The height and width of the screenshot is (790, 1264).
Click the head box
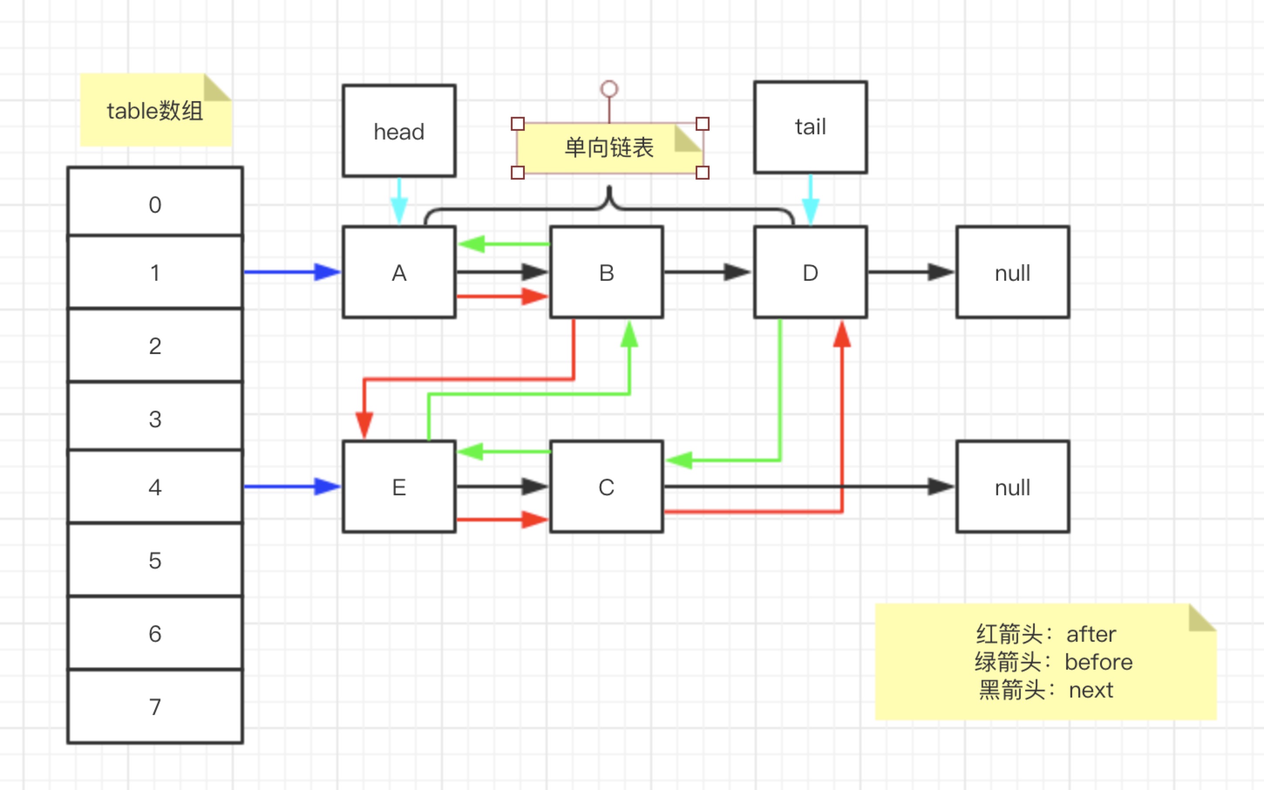tap(399, 131)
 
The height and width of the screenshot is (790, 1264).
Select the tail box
tap(810, 127)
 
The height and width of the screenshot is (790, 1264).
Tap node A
tap(399, 272)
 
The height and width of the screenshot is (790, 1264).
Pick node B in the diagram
tap(606, 272)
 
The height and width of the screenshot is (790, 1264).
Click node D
tap(810, 272)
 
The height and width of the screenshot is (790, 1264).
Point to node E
tap(399, 487)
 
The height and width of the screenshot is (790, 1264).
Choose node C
tap(606, 487)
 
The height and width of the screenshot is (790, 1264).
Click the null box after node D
tap(1012, 272)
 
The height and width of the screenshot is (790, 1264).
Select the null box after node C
tap(1012, 487)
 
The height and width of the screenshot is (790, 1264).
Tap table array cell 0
tap(155, 204)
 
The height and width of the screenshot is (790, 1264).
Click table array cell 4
tap(155, 487)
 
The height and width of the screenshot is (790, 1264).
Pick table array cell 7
tap(155, 706)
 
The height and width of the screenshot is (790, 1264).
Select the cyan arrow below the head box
tap(399, 201)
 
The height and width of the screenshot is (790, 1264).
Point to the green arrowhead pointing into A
tap(472, 243)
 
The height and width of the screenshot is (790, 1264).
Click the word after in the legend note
tap(1091, 634)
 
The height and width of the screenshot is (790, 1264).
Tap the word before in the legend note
tap(1098, 662)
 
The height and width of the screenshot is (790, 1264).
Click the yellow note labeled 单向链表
tap(609, 148)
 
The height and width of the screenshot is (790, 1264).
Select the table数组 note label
tap(155, 111)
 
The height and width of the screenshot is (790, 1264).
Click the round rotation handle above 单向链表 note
tap(609, 89)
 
